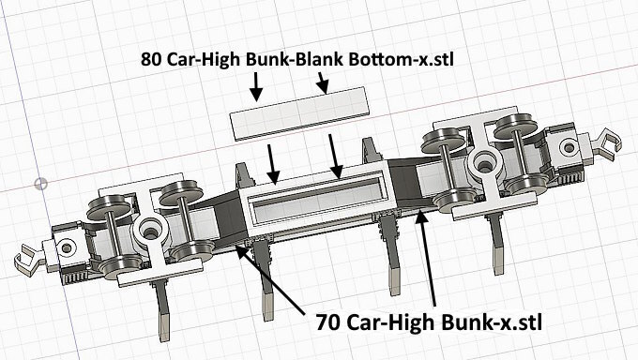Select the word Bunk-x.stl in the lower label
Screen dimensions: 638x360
coord(492,323)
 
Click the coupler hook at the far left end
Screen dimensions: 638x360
coord(26,259)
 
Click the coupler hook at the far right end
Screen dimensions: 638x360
coord(606,142)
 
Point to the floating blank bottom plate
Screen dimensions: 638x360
coord(299,113)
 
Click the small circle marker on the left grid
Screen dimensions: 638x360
coord(40,184)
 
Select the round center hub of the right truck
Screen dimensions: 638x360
coord(485,164)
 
